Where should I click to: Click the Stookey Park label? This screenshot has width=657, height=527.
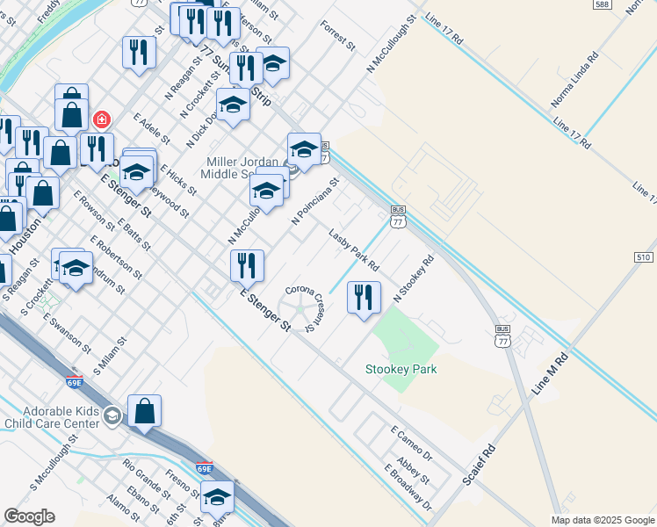[x=401, y=370]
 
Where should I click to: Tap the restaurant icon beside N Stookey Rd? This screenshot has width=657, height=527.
[x=363, y=297]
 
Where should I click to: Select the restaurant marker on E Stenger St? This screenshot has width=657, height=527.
[x=247, y=265]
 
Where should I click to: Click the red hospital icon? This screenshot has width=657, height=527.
[x=102, y=119]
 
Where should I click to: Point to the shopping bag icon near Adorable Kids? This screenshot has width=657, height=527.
[x=144, y=410]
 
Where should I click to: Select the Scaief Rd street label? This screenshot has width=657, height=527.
[x=480, y=466]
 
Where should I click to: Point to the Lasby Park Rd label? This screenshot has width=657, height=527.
[x=354, y=250]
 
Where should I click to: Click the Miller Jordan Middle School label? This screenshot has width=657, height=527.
[x=243, y=168]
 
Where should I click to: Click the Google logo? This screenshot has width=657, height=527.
[x=29, y=516]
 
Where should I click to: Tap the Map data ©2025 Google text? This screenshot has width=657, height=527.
[x=602, y=520]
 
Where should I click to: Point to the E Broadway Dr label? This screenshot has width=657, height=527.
[x=408, y=487]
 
